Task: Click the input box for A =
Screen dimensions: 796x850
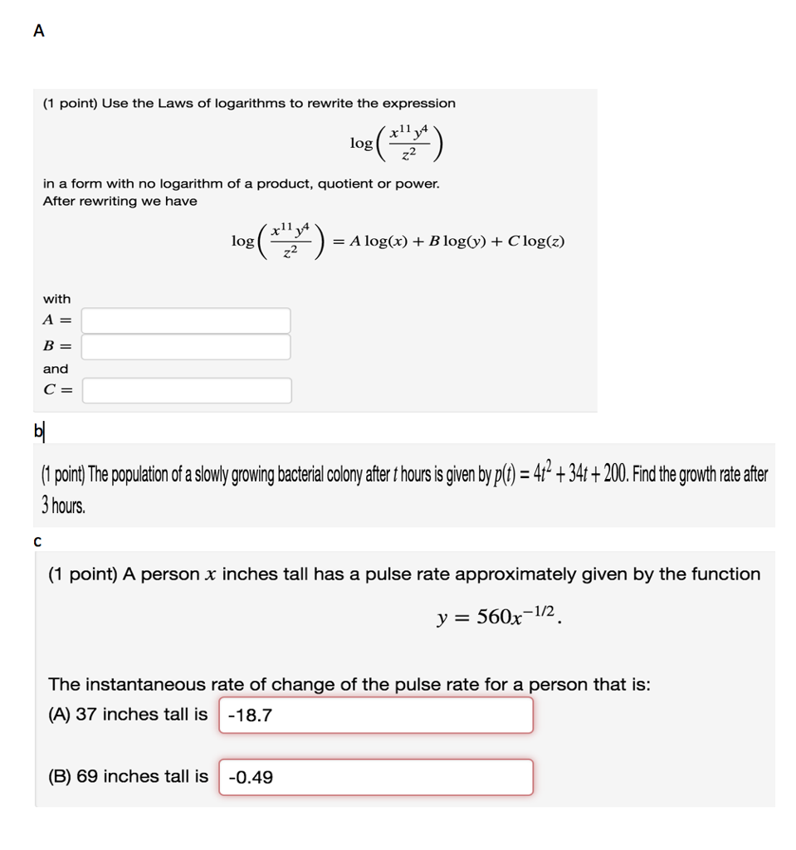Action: (x=186, y=320)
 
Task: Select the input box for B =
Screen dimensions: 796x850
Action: (x=186, y=347)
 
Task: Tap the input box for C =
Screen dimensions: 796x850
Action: (x=186, y=390)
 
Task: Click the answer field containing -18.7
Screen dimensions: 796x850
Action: (x=375, y=715)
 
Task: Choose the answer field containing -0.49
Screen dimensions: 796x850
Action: (x=375, y=777)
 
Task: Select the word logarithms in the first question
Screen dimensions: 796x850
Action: (x=249, y=103)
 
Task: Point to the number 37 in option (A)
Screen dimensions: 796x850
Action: (x=86, y=715)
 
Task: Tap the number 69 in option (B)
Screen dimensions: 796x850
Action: (x=87, y=777)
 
